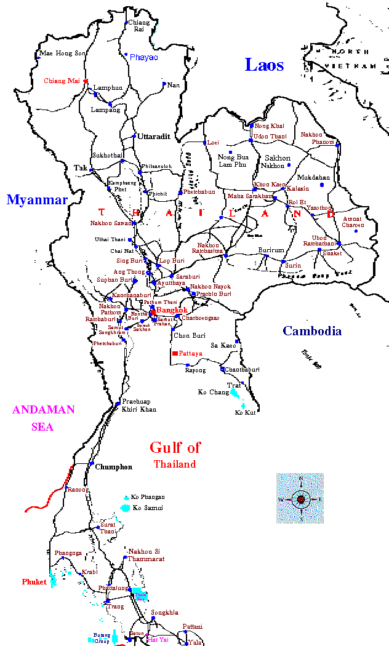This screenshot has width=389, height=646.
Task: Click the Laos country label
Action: coord(264,65)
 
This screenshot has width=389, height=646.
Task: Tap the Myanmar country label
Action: coord(36,200)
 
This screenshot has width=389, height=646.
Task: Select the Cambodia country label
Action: coord(312,331)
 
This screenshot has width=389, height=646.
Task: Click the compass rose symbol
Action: coord(300,498)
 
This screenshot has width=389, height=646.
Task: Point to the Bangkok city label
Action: coord(172,310)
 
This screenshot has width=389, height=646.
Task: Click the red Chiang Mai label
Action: coord(62,81)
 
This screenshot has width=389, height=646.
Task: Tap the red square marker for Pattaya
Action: coord(175,353)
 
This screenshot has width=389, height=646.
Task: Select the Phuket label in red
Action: coord(34,582)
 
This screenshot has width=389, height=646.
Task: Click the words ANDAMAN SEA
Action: coord(44,418)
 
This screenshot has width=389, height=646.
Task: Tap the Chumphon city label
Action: coord(113,467)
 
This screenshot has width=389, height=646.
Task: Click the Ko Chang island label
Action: coord(213,392)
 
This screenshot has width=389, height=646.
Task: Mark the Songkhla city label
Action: coord(165,612)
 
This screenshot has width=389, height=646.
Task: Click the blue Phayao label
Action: coord(143,57)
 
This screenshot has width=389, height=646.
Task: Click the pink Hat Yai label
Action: coord(158,639)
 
